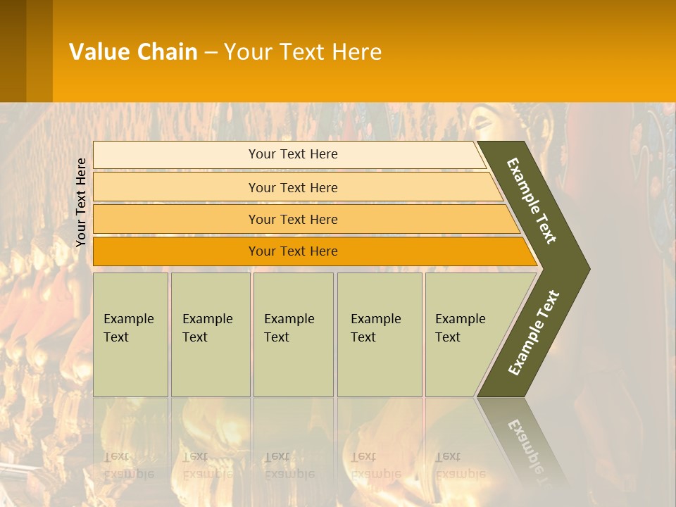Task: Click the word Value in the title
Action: [x=99, y=51]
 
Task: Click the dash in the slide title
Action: [x=211, y=52]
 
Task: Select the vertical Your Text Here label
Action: [x=81, y=202]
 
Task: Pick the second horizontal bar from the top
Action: [x=293, y=187]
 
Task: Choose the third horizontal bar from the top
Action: [x=293, y=219]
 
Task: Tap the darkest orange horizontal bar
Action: [x=293, y=251]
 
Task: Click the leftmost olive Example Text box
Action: [x=130, y=334]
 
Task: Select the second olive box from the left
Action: [x=211, y=334]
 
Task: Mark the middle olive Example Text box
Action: [x=293, y=334]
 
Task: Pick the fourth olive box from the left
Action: [x=380, y=334]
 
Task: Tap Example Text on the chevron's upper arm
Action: [x=532, y=201]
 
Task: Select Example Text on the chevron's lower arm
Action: [x=534, y=332]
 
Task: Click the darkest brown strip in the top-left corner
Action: [x=13, y=51]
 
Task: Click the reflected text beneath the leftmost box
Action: [x=128, y=465]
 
